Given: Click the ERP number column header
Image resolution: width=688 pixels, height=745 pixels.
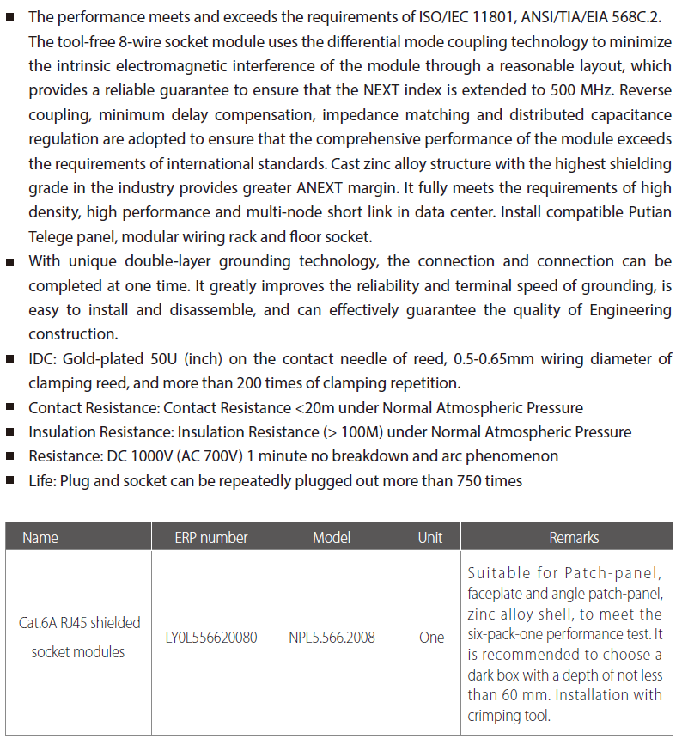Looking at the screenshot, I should tap(211, 538).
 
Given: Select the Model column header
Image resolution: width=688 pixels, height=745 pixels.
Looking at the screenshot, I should tap(332, 538).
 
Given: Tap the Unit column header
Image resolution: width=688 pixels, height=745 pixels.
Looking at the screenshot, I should tap(430, 538).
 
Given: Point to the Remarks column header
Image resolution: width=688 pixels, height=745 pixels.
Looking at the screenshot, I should tap(574, 538).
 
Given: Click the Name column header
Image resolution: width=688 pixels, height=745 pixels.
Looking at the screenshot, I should tap(40, 538).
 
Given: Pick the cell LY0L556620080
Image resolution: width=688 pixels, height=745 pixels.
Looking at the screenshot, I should tap(211, 638).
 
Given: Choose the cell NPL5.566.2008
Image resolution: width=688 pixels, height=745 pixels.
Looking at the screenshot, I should tap(332, 638).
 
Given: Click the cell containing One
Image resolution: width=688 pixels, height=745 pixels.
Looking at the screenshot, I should tap(431, 638).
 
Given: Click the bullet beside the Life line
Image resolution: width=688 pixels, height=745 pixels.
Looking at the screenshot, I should tap(10, 481).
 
